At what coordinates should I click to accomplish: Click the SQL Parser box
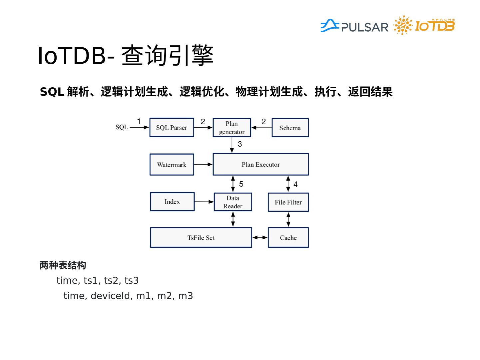(x=172, y=127)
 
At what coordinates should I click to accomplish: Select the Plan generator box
(x=232, y=128)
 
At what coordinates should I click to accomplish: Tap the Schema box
(x=290, y=128)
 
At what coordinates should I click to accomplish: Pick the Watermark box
(x=172, y=165)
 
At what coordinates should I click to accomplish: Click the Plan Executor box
(x=261, y=164)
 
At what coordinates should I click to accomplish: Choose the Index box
(x=172, y=202)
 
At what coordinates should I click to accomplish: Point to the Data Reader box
(x=233, y=202)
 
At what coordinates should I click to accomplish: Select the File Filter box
(x=288, y=202)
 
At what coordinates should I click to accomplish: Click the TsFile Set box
(x=201, y=238)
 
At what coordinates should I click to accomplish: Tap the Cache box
(x=288, y=238)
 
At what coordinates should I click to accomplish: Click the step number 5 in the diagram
(x=241, y=184)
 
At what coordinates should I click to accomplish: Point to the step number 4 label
(x=295, y=184)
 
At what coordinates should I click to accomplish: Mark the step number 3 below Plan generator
(x=240, y=144)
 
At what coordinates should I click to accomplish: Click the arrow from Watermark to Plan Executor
(x=203, y=164)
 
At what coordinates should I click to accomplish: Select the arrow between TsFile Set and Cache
(x=260, y=237)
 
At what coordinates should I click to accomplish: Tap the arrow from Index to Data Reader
(x=204, y=202)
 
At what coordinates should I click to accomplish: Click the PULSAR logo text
(x=365, y=27)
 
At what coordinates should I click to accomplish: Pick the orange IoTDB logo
(x=434, y=26)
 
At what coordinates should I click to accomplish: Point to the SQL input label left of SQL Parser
(x=122, y=127)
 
